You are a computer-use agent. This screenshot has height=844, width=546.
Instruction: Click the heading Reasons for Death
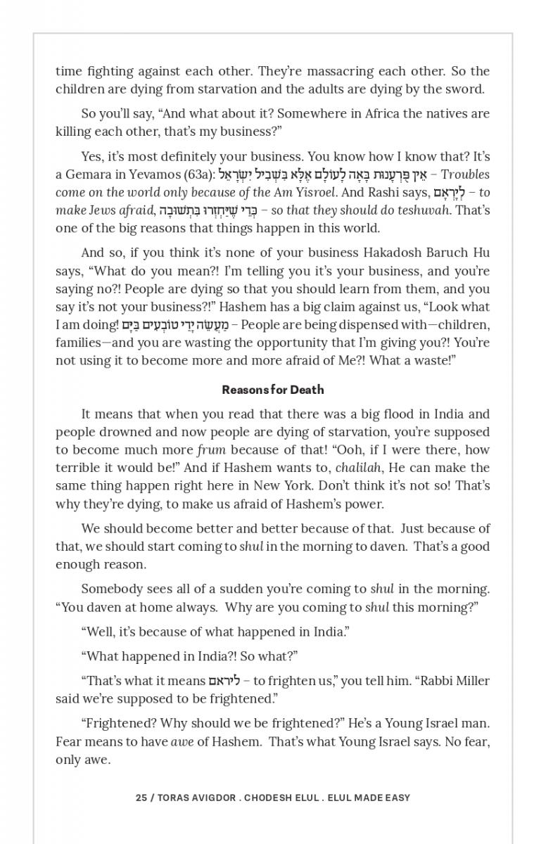coord(273,390)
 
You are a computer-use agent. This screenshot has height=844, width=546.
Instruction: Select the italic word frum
coord(211,450)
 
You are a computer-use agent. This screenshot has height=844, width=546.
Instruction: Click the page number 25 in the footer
coord(141,798)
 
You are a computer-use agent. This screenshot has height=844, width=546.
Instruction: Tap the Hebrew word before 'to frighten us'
coord(225,681)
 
